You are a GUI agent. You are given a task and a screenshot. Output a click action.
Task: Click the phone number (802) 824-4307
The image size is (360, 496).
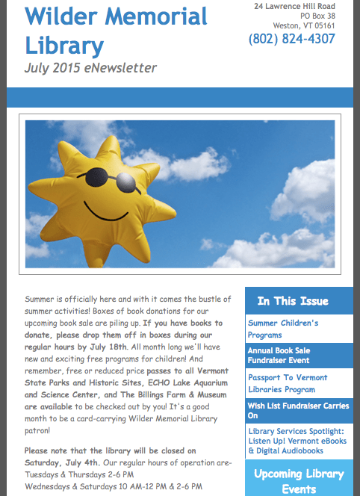[x=291, y=39]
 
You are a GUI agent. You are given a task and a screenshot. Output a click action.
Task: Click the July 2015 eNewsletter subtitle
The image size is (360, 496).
[x=90, y=68]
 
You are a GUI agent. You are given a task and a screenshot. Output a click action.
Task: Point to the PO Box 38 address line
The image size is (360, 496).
[x=317, y=16]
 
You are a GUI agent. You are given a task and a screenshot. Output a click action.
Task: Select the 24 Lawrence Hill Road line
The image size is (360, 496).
[x=294, y=6]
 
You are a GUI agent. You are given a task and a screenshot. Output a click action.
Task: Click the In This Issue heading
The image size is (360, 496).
[x=292, y=301]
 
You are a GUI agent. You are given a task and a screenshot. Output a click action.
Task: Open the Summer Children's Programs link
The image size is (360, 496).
[x=283, y=328]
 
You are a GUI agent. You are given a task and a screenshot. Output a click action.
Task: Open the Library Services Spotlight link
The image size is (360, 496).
[x=297, y=440]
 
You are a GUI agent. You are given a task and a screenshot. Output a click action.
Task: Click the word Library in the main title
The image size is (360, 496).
[x=64, y=46]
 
